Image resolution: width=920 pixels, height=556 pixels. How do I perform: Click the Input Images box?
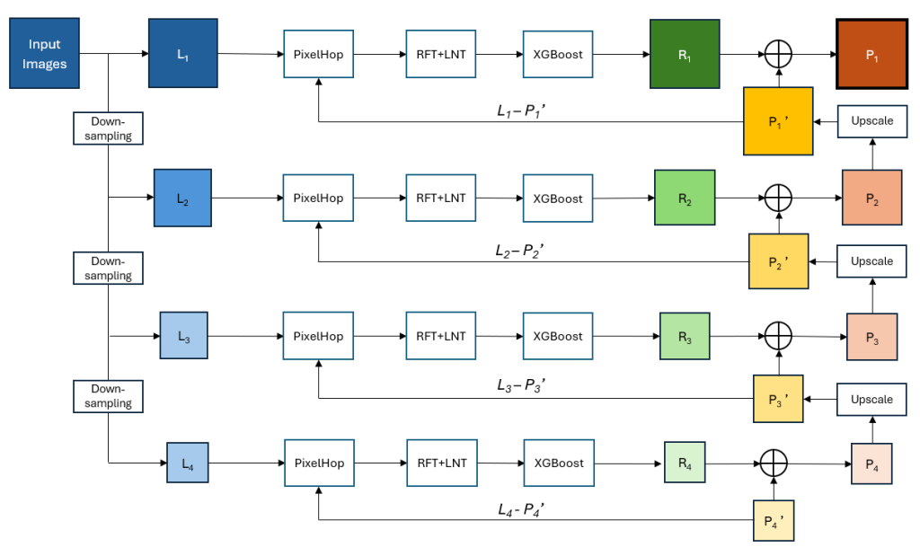coord(45,53)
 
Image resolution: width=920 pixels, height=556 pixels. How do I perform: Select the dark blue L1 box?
coord(183,54)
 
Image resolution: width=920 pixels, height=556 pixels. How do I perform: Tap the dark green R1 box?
coord(685,55)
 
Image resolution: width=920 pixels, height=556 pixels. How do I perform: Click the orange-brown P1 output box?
coord(871,55)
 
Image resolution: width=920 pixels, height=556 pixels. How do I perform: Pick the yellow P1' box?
coord(778,120)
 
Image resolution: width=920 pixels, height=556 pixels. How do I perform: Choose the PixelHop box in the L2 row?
coord(318,199)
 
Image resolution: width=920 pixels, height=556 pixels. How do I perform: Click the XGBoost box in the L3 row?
coord(558,336)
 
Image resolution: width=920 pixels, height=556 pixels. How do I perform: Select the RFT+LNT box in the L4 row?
coord(441,463)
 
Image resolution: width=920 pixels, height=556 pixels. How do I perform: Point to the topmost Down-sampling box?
coord(108,128)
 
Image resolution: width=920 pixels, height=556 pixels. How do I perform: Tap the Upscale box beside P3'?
coord(871,399)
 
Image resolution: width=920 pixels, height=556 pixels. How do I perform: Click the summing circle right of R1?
coord(778,55)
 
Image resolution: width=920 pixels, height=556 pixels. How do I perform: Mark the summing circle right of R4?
coord(774,463)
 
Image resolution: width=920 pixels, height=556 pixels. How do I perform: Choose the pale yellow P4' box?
coord(774,520)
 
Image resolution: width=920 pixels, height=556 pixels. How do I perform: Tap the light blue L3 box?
coord(183,337)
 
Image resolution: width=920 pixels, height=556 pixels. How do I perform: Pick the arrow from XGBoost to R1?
coord(621,55)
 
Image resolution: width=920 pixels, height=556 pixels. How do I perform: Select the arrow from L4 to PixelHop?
coord(246,464)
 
